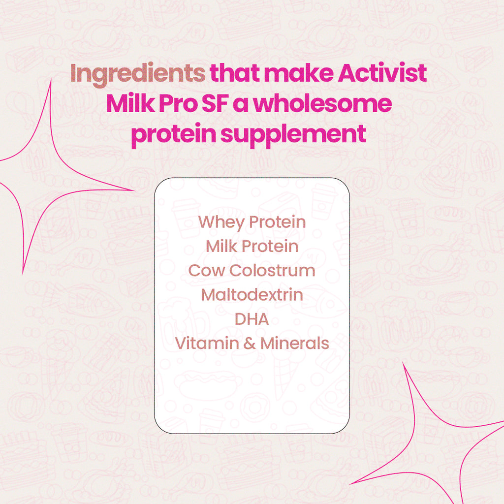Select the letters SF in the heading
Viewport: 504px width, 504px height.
(235, 104)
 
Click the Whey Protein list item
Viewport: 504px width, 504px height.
(252, 222)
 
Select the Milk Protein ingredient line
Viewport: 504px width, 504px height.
(252, 246)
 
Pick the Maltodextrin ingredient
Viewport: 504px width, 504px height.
(252, 295)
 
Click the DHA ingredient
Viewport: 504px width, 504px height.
(252, 319)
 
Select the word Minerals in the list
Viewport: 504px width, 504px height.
(294, 343)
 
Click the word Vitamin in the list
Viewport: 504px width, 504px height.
(206, 343)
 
